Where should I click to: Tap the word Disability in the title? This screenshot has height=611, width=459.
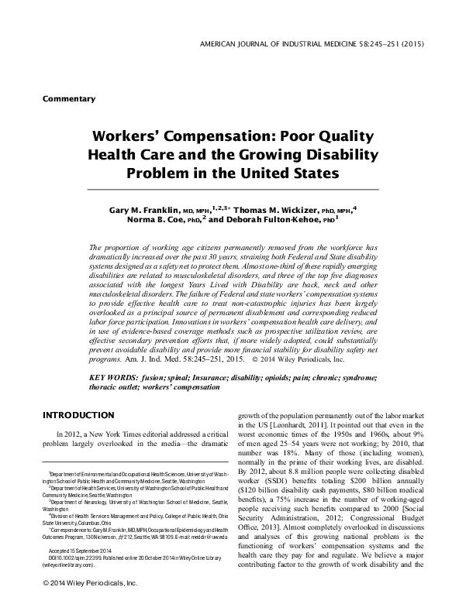pyautogui.click(x=340, y=152)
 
